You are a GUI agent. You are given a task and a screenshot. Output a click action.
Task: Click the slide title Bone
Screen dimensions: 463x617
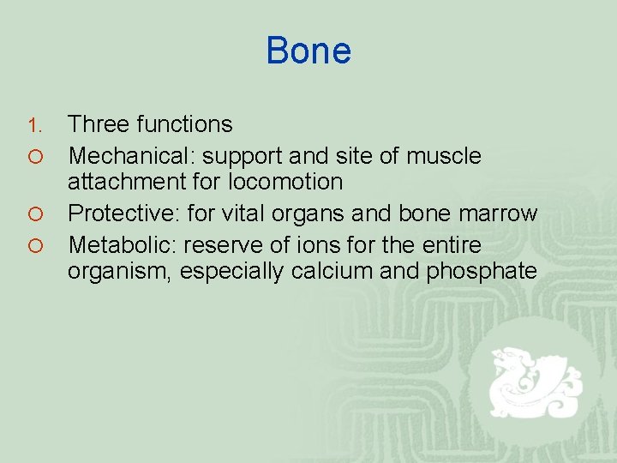click(x=308, y=51)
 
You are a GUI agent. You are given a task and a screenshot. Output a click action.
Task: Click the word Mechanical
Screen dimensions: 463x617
click(x=129, y=156)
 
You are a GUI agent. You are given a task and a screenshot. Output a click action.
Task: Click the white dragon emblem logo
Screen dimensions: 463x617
click(x=531, y=382)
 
